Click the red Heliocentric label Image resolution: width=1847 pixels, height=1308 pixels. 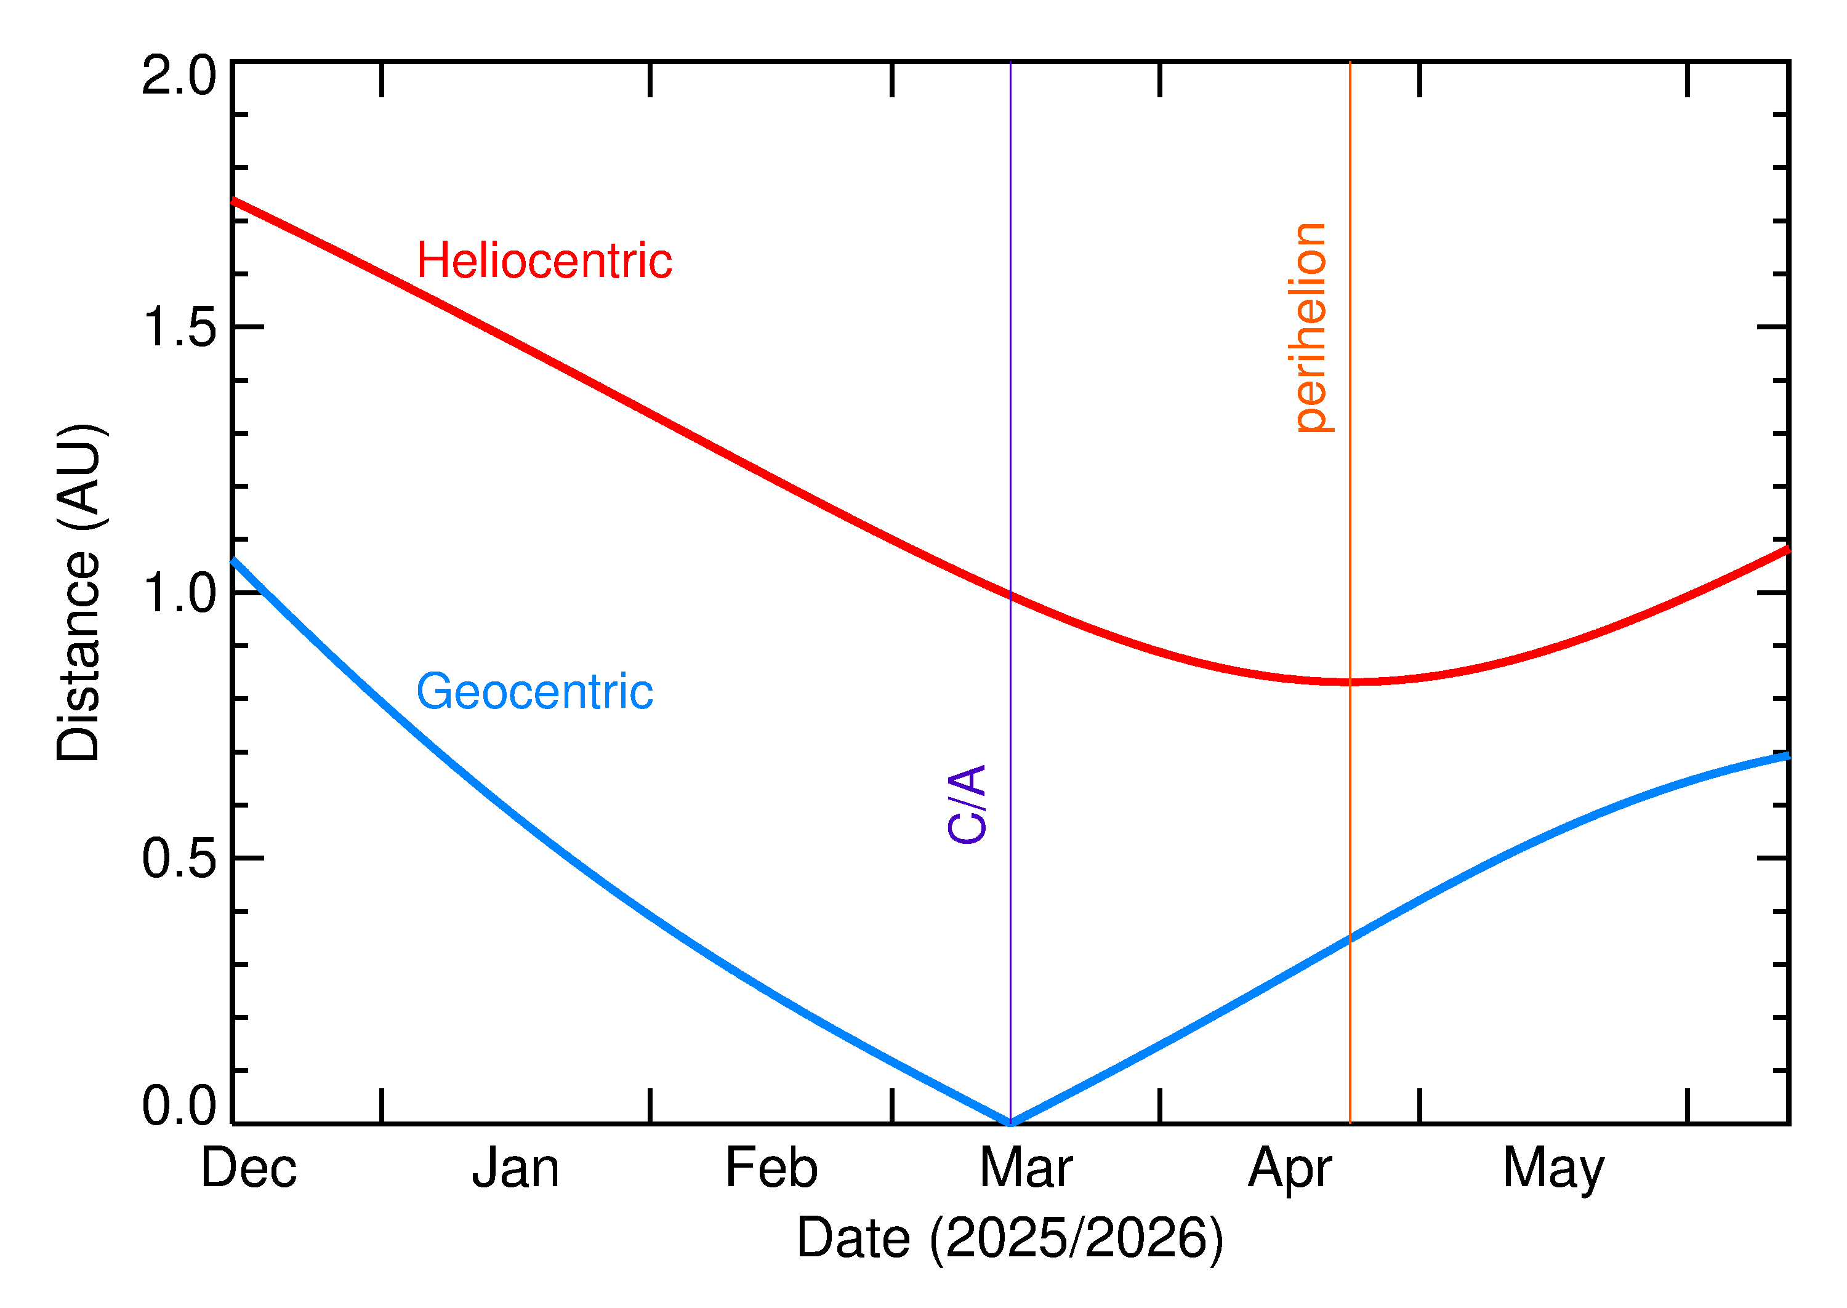pos(544,261)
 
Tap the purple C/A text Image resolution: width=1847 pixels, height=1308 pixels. pos(967,804)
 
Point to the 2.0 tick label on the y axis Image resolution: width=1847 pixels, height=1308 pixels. pos(179,76)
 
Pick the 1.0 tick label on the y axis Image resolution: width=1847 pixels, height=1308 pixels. pos(179,593)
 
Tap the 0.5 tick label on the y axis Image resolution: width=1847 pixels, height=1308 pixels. pos(179,859)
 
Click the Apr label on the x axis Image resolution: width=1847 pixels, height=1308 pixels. pos(1290,1170)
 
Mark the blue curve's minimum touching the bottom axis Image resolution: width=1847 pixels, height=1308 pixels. pos(1010,1122)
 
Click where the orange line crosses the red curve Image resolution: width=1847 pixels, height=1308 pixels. pos(1350,682)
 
